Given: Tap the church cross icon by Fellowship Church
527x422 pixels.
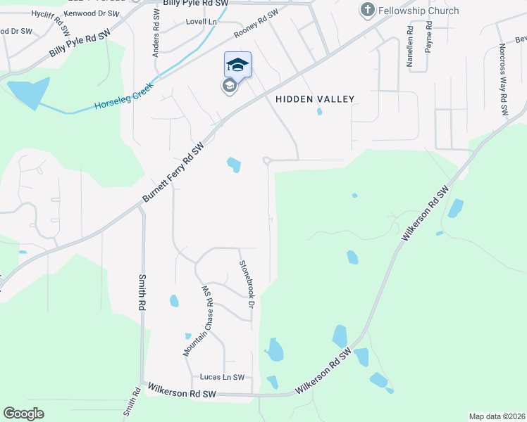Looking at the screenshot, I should [366, 10].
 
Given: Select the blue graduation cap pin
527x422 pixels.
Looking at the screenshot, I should [237, 65].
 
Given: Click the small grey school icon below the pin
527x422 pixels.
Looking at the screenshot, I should [229, 86].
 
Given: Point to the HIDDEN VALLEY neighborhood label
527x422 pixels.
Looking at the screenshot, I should [314, 100].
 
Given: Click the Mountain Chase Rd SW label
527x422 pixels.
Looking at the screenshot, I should [198, 321].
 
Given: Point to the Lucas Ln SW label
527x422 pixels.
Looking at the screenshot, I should [222, 378].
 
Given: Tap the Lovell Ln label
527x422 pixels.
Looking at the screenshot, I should [201, 22].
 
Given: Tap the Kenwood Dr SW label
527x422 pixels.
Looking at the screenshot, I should [92, 13].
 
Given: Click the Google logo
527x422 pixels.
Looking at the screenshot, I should [23, 414].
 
